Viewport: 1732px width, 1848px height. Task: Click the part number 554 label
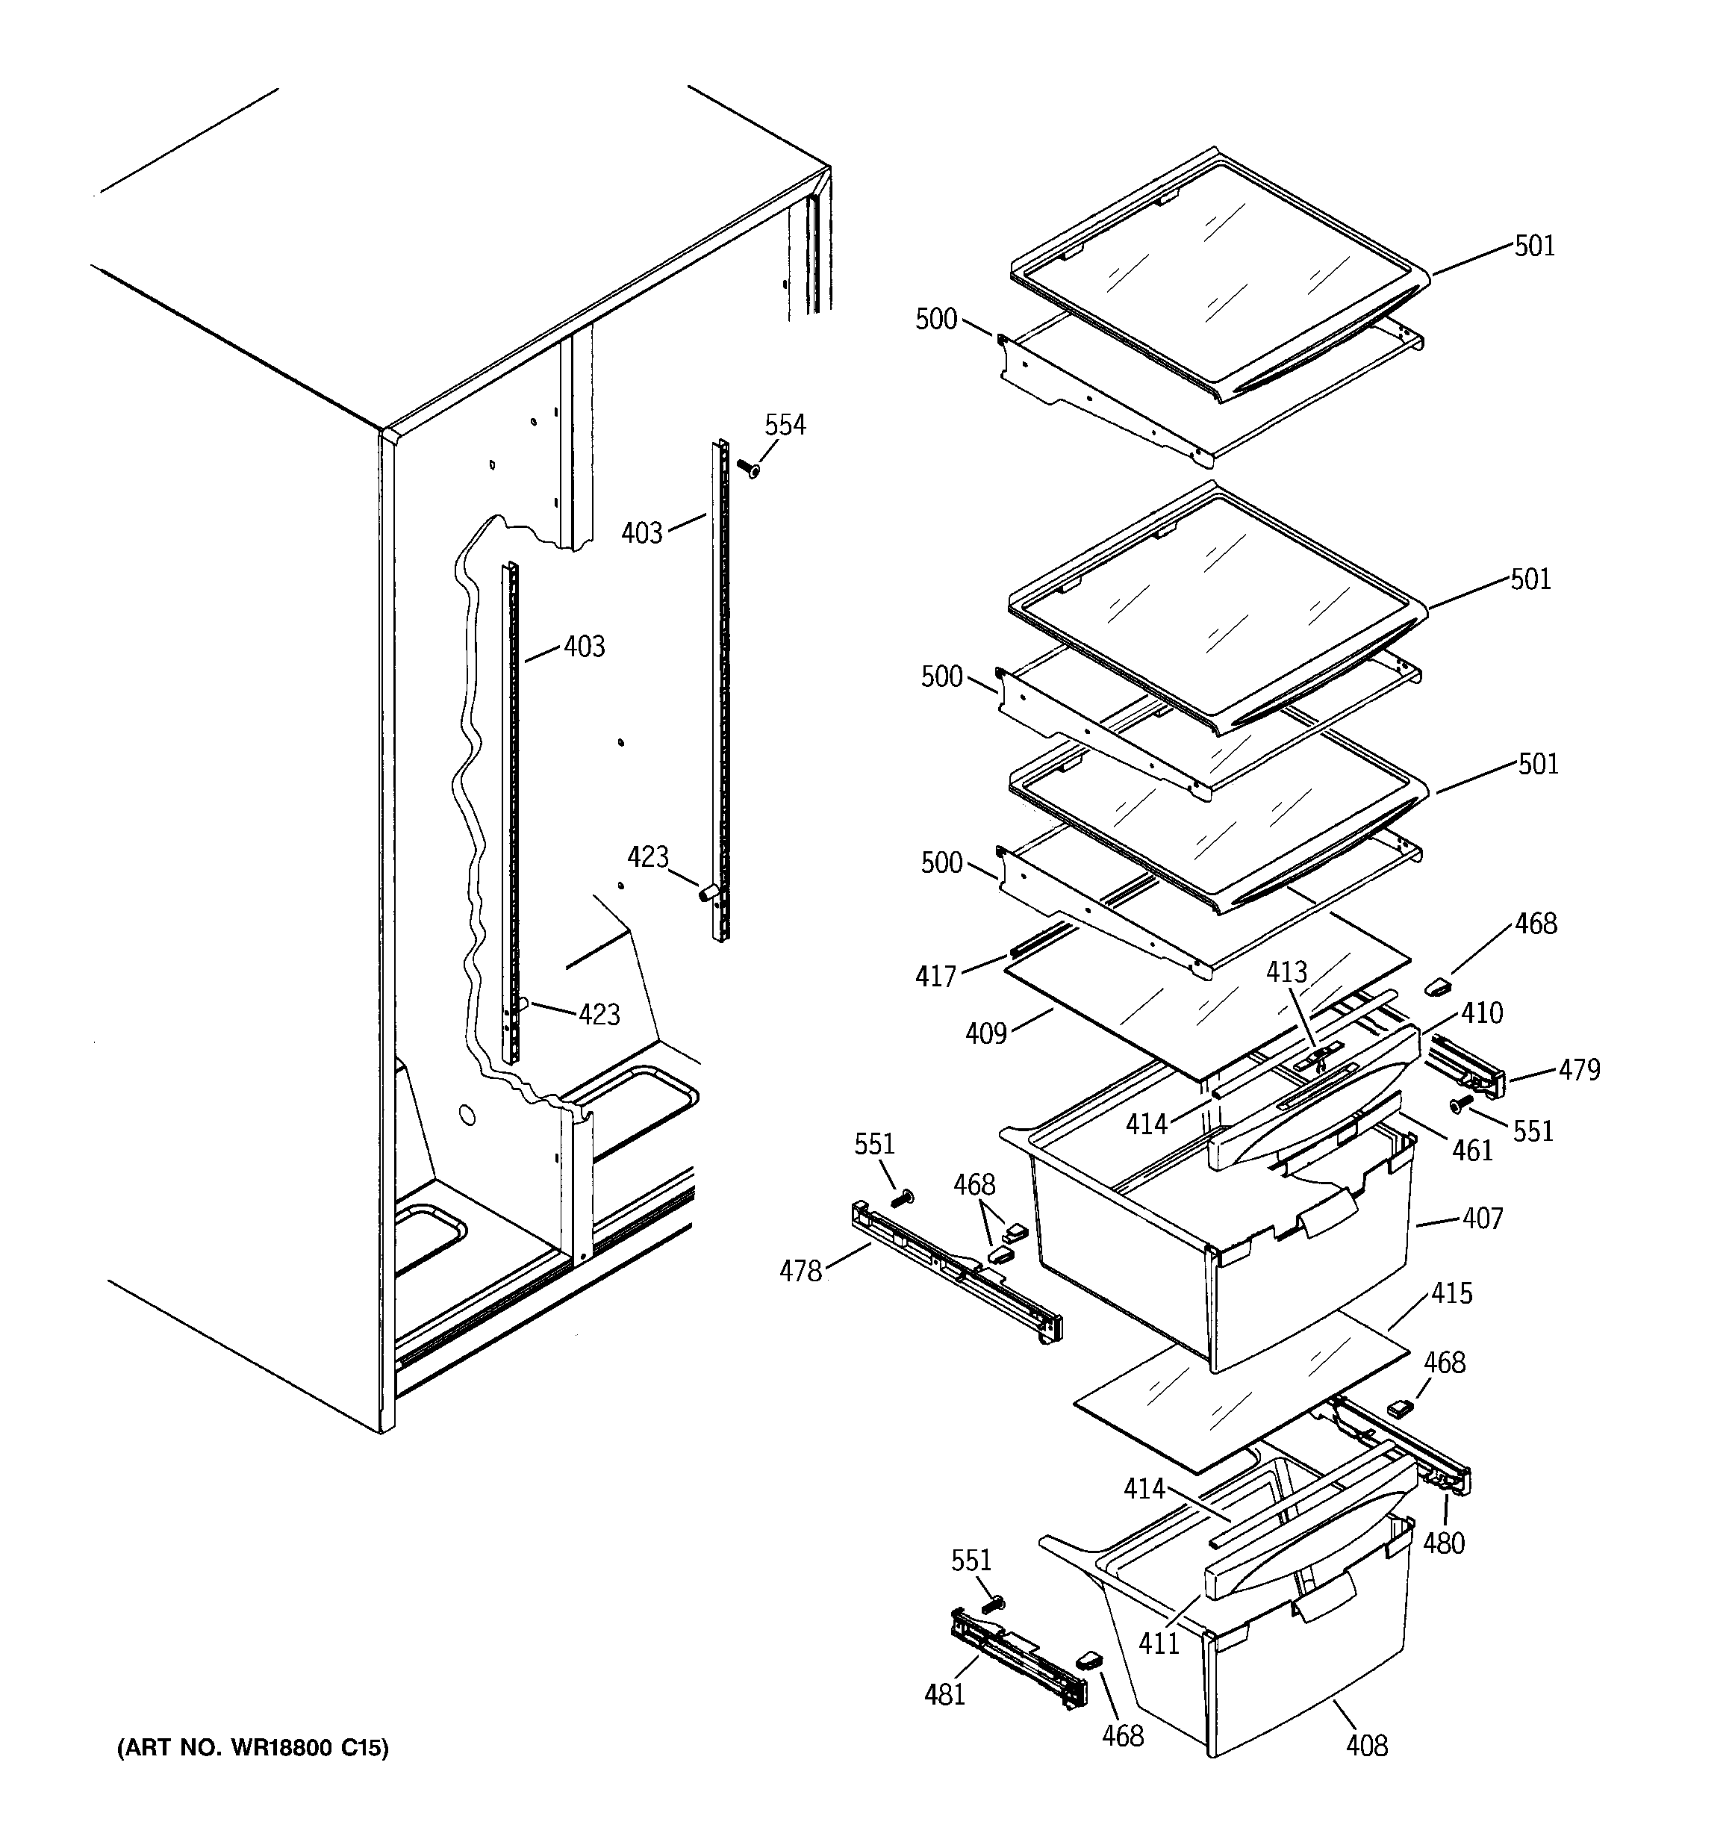[x=785, y=425]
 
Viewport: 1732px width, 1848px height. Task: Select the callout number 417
[x=935, y=976]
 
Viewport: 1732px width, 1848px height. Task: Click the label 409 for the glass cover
[x=985, y=1033]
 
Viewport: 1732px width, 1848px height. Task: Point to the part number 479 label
[x=1580, y=1070]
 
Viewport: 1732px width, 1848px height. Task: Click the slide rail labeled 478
[x=958, y=1274]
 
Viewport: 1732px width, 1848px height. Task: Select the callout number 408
[x=1367, y=1746]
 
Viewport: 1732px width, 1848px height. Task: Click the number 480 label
[x=1444, y=1543]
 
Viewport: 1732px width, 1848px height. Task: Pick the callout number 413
[x=1286, y=972]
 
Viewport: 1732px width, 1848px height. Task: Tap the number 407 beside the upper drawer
[x=1482, y=1218]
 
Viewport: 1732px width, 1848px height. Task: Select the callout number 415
[x=1451, y=1293]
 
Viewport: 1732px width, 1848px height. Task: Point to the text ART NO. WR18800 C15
[x=252, y=1749]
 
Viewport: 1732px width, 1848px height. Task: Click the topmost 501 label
[x=1534, y=246]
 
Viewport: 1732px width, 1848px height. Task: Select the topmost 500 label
[x=936, y=319]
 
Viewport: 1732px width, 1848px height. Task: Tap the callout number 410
[x=1481, y=1013]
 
